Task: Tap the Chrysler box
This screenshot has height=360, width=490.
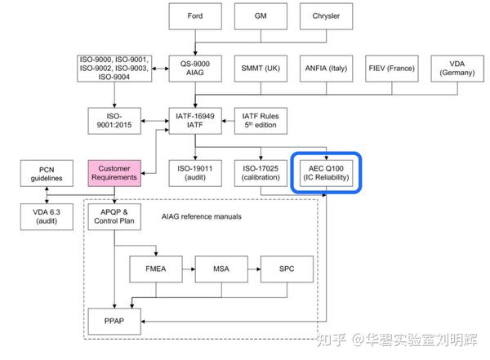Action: click(x=324, y=17)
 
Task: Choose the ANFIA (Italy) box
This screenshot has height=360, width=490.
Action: click(x=324, y=68)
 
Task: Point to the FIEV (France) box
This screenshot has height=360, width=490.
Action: click(x=391, y=68)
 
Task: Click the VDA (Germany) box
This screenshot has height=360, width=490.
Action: click(x=457, y=68)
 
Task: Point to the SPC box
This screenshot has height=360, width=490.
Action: click(x=286, y=268)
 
